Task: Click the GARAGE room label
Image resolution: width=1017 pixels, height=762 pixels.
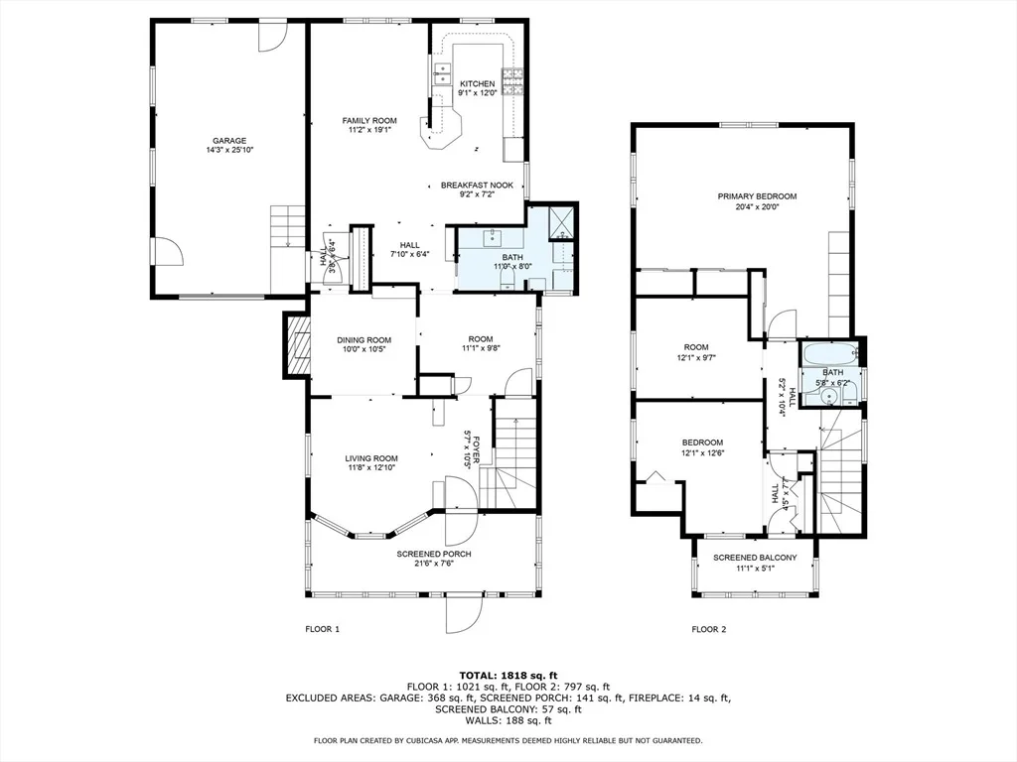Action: [229, 141]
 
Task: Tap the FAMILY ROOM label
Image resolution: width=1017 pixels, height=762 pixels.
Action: [369, 120]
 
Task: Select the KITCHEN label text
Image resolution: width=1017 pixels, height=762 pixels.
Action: [478, 83]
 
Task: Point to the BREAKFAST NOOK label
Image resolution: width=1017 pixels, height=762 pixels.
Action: [478, 186]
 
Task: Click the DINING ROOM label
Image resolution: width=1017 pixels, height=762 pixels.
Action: [363, 340]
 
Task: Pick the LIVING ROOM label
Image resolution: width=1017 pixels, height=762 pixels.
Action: [371, 458]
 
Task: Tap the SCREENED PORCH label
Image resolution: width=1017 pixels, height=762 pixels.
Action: [434, 554]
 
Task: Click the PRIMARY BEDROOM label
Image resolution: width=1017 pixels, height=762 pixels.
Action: [757, 196]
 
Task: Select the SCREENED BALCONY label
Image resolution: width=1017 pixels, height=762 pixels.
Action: [755, 558]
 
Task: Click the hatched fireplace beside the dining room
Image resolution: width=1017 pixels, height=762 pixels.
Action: [298, 344]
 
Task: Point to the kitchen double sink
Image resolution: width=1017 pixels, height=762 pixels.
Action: [442, 73]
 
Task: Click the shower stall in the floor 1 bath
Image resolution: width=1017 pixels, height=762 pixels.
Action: [562, 221]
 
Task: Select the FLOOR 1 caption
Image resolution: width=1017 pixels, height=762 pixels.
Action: [323, 629]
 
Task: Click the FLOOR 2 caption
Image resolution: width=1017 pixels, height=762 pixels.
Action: [709, 629]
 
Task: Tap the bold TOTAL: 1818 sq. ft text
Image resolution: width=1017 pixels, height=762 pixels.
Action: [508, 676]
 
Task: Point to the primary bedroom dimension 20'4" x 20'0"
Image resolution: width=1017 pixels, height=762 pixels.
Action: [757, 207]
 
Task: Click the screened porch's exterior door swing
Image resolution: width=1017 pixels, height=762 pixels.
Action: [463, 613]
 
